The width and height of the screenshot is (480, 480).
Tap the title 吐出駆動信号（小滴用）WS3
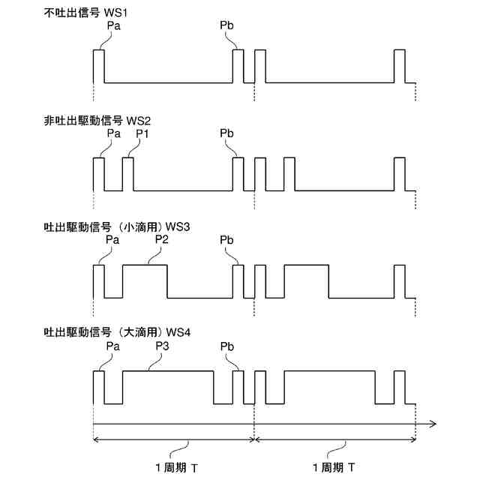[x=118, y=226]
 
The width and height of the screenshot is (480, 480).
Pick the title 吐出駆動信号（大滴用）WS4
[x=118, y=332]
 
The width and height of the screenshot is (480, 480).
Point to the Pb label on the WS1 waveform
[x=227, y=25]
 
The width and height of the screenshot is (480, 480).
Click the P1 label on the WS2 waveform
[x=142, y=133]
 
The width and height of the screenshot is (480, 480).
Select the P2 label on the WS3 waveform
[x=161, y=239]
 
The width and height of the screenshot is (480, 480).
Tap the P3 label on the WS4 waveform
[x=161, y=346]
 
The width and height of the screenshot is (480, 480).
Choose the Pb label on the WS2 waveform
[x=227, y=133]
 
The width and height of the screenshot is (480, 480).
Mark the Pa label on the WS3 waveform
[x=113, y=239]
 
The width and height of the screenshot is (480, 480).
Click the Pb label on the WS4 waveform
[x=227, y=346]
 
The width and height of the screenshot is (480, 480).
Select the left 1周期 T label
[x=177, y=467]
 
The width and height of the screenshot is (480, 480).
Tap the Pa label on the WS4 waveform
[x=113, y=346]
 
